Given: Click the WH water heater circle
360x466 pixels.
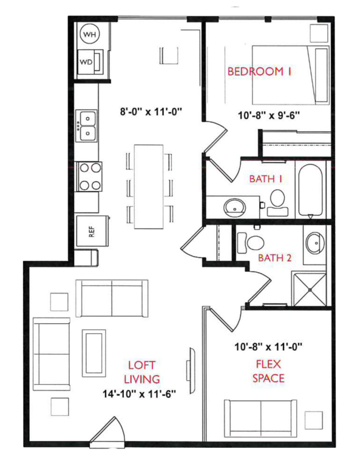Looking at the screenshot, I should tap(89, 35).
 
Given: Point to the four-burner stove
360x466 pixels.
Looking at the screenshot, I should tap(89, 176).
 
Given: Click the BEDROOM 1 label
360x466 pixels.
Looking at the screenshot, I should tap(259, 72).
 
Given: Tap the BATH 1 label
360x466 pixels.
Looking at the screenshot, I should tap(265, 179).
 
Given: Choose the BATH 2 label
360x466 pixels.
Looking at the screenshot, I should tap(275, 258).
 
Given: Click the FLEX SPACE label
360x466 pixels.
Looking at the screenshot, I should tap(268, 371).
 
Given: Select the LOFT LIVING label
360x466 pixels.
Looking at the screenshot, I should tap(141, 372).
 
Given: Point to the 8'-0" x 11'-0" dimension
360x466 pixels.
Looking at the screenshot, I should tap(151, 112).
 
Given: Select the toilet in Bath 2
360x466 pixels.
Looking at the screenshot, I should tap(254, 241).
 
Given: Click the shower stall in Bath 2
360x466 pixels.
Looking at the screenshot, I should tap(310, 289).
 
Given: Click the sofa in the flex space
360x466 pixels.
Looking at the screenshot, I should tap(261, 417).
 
